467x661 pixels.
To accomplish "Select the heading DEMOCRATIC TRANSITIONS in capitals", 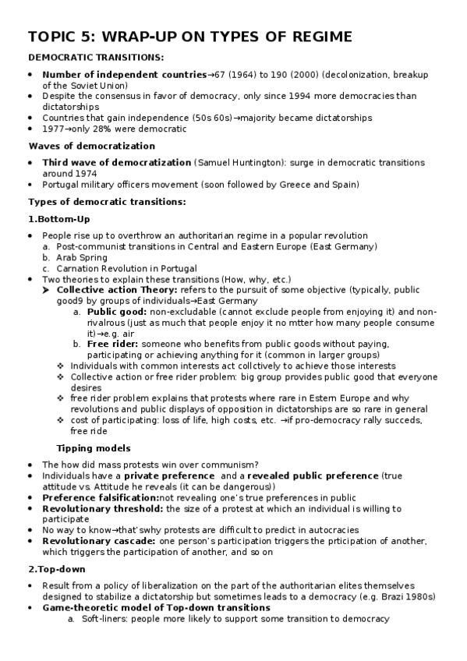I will click(x=96, y=58).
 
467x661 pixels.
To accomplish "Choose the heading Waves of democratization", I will click(x=91, y=146).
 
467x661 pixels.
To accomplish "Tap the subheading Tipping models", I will click(x=93, y=448).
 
